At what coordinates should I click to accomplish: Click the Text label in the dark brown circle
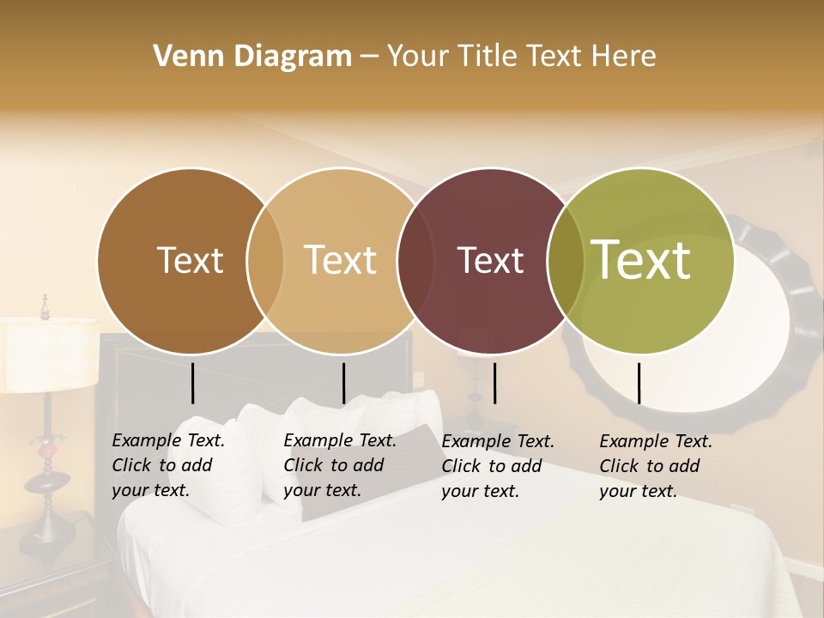click(190, 260)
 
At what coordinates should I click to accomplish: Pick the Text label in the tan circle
click(341, 260)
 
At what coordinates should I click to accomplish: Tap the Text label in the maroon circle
click(491, 260)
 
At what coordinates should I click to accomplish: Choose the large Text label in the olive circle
click(641, 259)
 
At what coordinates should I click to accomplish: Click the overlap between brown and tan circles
click(264, 260)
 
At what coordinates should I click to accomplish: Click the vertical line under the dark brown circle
click(193, 383)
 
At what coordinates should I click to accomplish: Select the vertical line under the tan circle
click(343, 383)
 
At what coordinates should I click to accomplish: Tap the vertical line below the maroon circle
click(495, 383)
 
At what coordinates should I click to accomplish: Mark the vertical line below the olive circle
click(639, 383)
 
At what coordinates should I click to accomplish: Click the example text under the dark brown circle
click(167, 465)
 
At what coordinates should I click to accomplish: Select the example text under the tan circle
click(339, 465)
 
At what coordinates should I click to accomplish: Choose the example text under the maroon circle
click(497, 466)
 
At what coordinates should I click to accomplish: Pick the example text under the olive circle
click(655, 466)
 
